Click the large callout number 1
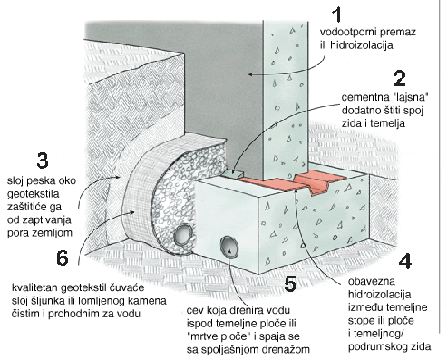click(337, 15)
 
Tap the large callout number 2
click(400, 78)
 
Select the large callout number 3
click(43, 161)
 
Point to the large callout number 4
click(405, 261)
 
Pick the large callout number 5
click(291, 284)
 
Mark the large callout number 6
click(63, 258)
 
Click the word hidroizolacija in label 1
click(361, 45)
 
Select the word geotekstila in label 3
click(34, 194)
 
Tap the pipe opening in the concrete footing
click(229, 248)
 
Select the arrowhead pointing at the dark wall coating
click(251, 74)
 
